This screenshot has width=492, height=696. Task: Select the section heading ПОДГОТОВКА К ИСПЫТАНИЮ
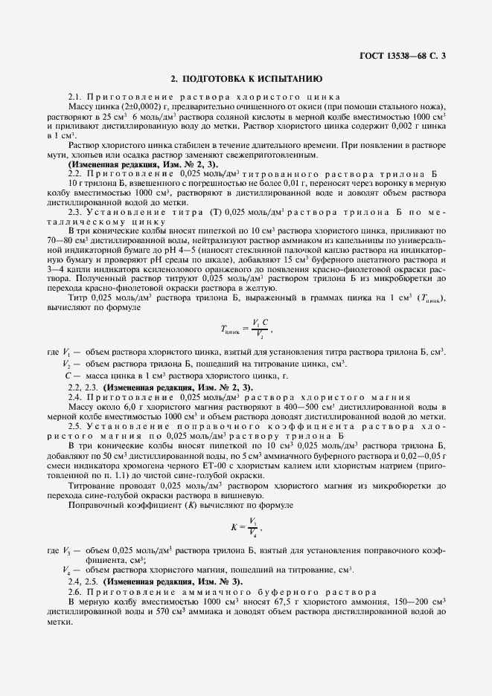point(246,77)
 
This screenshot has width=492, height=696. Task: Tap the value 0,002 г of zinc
point(403,127)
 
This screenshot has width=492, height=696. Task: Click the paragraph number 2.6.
point(75,590)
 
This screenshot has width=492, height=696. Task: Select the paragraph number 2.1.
point(75,98)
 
